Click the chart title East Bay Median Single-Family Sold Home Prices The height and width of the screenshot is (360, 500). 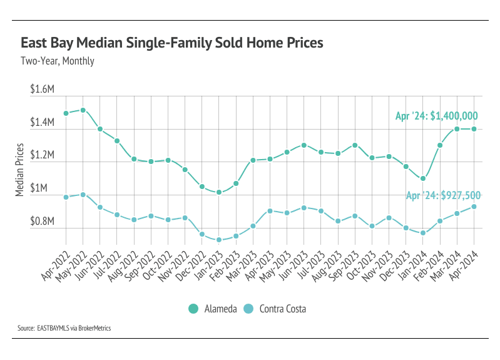[x=172, y=43]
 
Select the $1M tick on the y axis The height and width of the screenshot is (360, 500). [x=46, y=188]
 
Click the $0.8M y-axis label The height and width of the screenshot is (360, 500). [x=43, y=222]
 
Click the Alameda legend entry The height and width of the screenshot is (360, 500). [x=212, y=308]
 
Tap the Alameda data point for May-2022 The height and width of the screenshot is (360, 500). [x=83, y=110]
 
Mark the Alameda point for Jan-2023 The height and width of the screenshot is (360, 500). [x=219, y=192]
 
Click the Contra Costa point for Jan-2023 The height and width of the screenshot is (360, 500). [x=219, y=240]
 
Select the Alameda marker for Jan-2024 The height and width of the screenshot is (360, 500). [x=423, y=178]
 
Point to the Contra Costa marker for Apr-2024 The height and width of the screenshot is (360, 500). [x=474, y=207]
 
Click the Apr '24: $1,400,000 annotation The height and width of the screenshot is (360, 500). [x=436, y=116]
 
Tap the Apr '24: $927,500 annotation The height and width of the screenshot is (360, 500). [x=442, y=195]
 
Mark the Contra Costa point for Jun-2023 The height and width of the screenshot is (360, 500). [x=304, y=207]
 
